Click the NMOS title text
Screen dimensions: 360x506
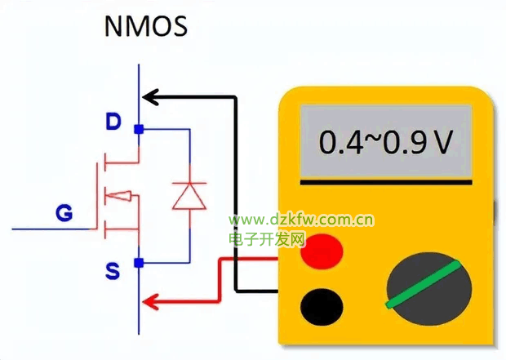(x=146, y=26)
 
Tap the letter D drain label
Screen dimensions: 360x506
(x=113, y=122)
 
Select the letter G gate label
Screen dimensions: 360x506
(x=63, y=214)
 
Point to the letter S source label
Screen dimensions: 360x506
(x=113, y=270)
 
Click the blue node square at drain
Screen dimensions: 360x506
(x=139, y=129)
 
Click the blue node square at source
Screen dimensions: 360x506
(x=139, y=262)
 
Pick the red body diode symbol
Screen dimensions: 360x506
(x=189, y=195)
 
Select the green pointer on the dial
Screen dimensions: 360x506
(x=421, y=286)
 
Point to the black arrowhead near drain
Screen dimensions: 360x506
(x=152, y=99)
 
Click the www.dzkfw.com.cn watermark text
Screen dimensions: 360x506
(x=301, y=220)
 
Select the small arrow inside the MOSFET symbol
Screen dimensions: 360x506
(x=120, y=196)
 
